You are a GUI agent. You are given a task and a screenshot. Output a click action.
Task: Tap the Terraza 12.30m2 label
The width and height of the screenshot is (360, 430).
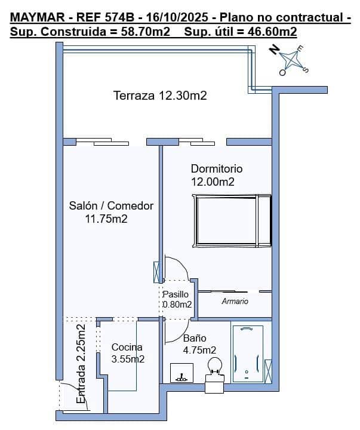[x=160, y=96]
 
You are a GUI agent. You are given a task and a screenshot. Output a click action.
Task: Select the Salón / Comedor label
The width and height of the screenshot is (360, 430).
[x=111, y=212]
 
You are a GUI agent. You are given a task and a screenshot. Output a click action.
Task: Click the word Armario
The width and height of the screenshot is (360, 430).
[x=235, y=302]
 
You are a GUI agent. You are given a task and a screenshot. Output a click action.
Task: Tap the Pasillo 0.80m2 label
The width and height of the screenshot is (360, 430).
[x=177, y=299]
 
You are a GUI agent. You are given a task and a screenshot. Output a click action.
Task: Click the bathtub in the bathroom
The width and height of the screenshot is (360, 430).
[x=247, y=354]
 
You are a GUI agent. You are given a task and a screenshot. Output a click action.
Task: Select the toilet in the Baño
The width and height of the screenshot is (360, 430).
[x=215, y=367]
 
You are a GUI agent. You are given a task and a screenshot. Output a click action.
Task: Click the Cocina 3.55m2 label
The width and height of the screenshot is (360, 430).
[x=127, y=353]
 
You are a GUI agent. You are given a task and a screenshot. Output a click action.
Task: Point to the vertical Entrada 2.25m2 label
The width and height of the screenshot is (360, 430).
[x=81, y=364]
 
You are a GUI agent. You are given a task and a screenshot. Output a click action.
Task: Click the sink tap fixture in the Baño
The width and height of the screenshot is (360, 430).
[x=180, y=376]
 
